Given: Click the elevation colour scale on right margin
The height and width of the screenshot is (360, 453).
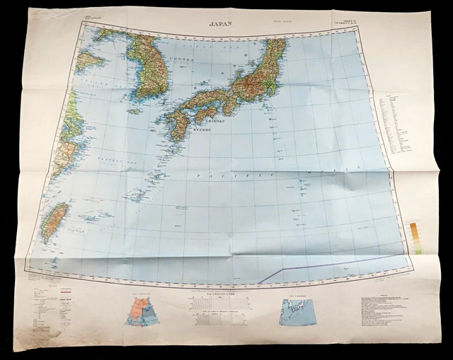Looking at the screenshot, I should [415, 238].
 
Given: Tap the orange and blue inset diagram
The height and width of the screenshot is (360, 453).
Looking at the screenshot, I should [139, 308].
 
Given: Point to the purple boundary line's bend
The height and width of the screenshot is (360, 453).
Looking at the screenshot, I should [282, 269].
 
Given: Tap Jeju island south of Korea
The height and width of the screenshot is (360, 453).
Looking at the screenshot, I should [134, 111].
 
